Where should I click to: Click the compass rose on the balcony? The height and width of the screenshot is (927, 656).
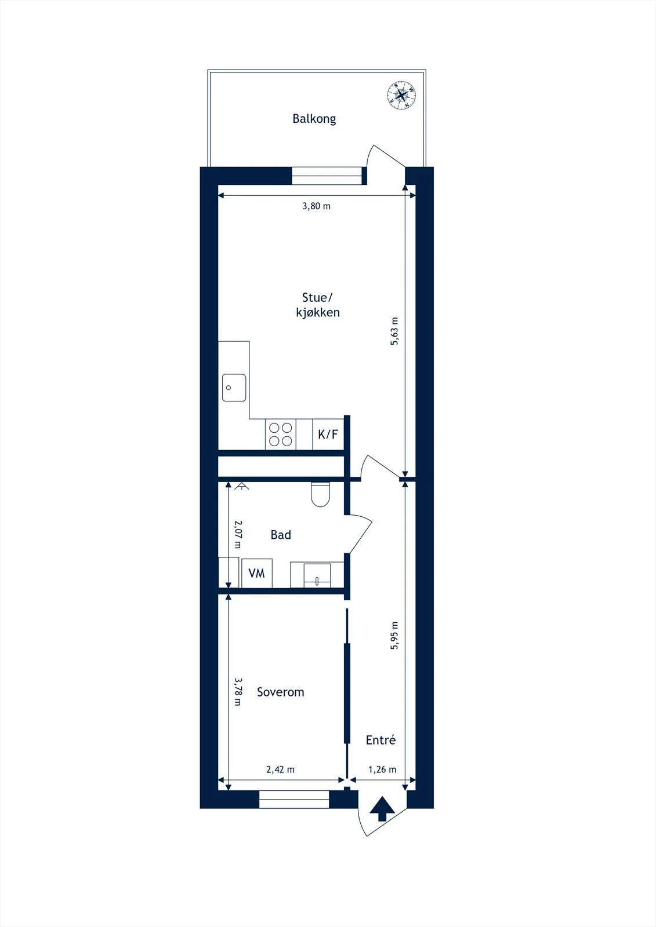click(x=401, y=96)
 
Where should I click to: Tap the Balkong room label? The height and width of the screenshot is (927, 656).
click(x=314, y=119)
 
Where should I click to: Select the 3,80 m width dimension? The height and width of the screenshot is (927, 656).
click(x=317, y=206)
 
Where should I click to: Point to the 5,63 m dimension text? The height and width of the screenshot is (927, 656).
click(x=394, y=331)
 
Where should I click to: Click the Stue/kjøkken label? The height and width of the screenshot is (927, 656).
click(x=317, y=305)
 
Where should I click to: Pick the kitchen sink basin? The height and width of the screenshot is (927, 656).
click(x=234, y=388)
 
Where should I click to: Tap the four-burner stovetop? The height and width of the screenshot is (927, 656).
click(x=281, y=434)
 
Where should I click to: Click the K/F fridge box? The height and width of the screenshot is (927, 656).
click(x=328, y=434)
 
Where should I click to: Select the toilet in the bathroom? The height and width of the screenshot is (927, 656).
click(x=320, y=494)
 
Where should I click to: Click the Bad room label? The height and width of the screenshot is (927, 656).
click(x=281, y=535)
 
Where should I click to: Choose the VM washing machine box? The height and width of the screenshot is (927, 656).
click(x=257, y=573)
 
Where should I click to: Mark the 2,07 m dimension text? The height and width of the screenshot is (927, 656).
click(x=238, y=534)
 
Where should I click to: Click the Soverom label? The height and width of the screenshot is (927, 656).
click(x=281, y=692)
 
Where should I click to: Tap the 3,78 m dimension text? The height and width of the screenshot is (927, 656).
click(x=238, y=692)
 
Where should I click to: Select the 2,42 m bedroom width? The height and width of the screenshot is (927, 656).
click(x=281, y=769)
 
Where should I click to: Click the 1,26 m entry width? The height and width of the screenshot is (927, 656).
click(x=382, y=769)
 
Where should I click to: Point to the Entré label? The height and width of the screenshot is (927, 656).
click(x=380, y=739)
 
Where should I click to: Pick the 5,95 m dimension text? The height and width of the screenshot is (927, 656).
click(x=394, y=635)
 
